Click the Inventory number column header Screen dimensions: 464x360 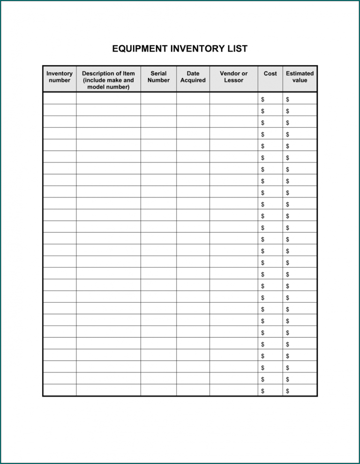click(x=60, y=77)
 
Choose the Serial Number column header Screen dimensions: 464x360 click(x=158, y=77)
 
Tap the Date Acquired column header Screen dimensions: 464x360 click(x=193, y=77)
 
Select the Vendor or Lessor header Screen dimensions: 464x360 click(x=233, y=77)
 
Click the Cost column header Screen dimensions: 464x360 click(x=270, y=74)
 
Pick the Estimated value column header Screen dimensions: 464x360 click(x=300, y=77)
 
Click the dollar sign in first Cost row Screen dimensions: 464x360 click(x=263, y=99)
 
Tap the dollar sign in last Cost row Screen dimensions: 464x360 click(x=263, y=391)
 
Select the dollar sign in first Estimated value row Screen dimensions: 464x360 click(x=287, y=99)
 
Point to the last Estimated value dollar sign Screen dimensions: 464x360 click(x=287, y=391)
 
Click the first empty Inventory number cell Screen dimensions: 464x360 click(x=60, y=99)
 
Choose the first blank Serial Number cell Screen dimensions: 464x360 click(x=158, y=99)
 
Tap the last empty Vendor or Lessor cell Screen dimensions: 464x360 click(x=233, y=390)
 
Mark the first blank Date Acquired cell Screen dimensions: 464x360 click(x=193, y=99)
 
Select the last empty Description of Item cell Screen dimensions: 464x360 click(x=108, y=390)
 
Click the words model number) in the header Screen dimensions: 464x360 click(x=108, y=87)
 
